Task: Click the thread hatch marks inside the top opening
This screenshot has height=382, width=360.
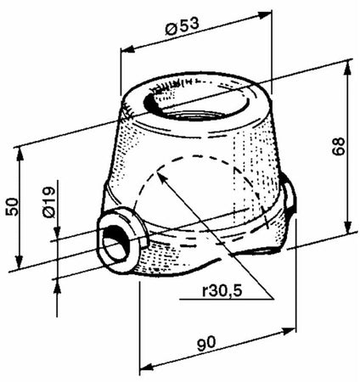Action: click(174, 85)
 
